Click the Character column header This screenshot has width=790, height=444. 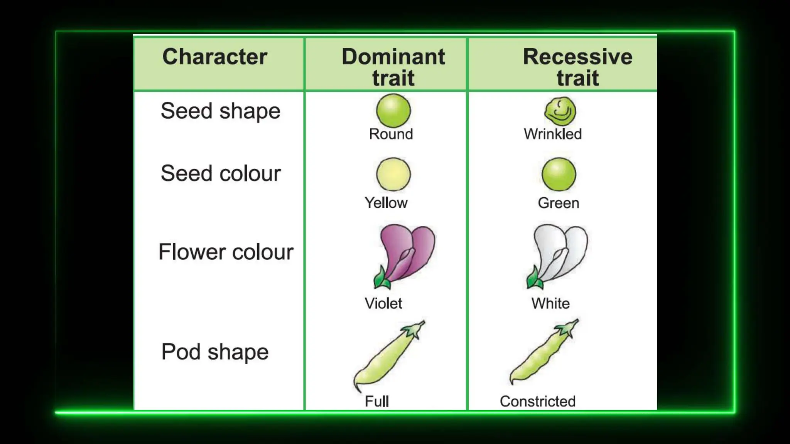click(214, 57)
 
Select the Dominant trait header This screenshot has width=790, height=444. click(393, 67)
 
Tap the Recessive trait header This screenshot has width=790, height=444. click(577, 67)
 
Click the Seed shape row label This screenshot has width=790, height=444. click(220, 111)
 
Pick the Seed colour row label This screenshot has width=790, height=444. click(220, 173)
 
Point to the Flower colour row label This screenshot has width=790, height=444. click(226, 252)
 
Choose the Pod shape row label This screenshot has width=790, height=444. click(215, 352)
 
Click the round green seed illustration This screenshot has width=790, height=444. click(393, 111)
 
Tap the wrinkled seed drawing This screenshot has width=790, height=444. click(560, 111)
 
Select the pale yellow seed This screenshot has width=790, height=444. click(393, 174)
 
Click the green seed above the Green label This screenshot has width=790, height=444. click(559, 174)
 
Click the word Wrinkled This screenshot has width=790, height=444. click(552, 134)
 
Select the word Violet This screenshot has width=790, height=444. click(383, 304)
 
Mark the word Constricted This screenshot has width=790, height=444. click(537, 402)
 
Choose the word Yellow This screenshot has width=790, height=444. click(386, 203)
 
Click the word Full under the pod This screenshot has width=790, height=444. click(376, 402)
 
